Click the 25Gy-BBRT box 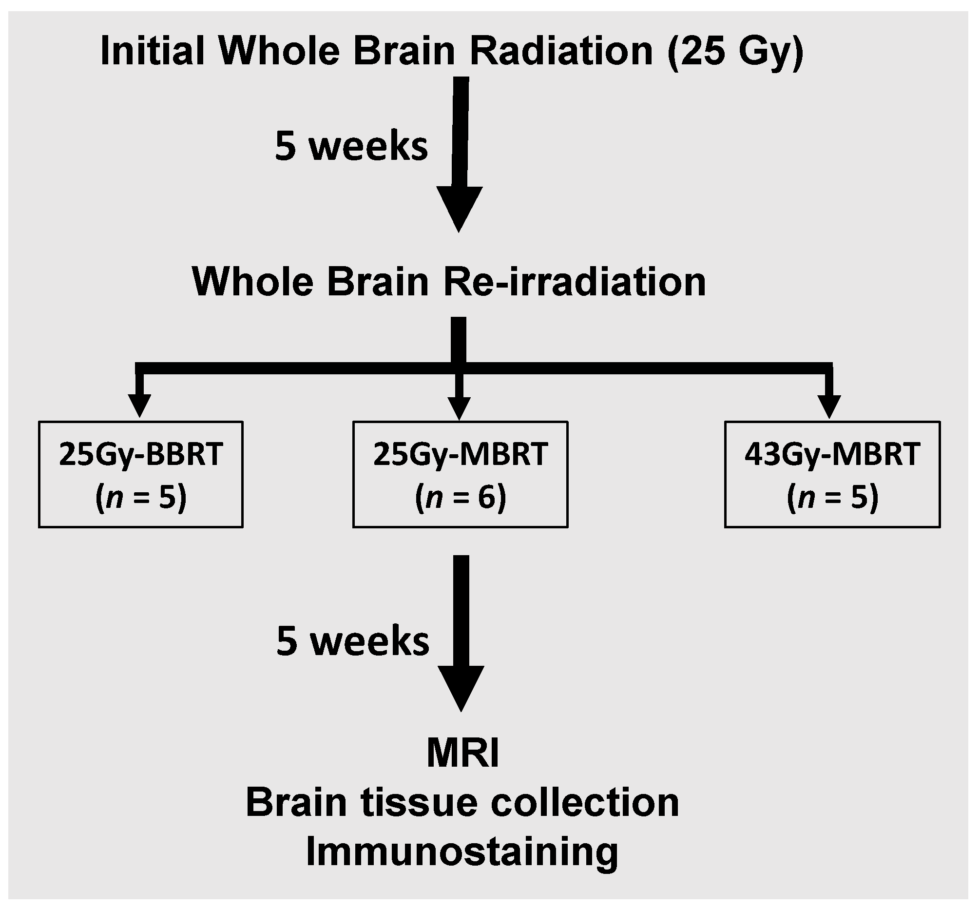141,475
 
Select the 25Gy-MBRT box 460,475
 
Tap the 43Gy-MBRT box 832,475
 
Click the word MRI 462,754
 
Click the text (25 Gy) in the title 735,52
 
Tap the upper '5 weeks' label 351,146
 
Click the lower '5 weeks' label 352,641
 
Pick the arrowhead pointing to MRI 461,687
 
